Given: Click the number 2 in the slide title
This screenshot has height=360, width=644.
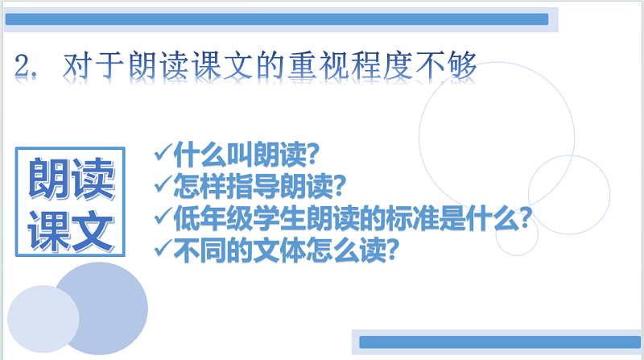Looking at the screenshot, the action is tap(22, 66).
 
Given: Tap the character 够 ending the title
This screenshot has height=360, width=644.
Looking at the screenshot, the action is tap(462, 65).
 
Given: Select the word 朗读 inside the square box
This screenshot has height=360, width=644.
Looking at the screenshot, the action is tap(71, 179).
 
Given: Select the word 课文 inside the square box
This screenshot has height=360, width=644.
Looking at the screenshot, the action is tap(71, 230).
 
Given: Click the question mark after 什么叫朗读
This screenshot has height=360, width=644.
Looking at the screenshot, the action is tap(313, 154).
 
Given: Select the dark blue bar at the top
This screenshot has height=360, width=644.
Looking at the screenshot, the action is tap(277, 19).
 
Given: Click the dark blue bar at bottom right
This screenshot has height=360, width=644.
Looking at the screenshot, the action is tap(500, 342).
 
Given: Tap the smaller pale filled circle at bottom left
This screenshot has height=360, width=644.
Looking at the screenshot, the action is tap(43, 319).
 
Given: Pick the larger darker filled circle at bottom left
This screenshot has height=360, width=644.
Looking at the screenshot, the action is tap(101, 308).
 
